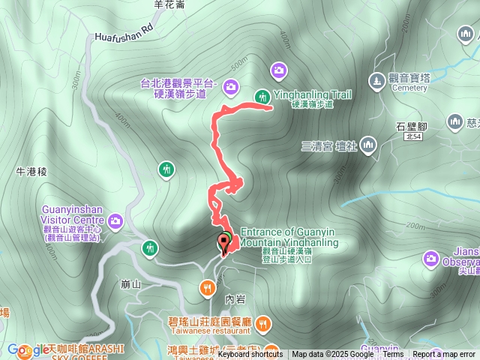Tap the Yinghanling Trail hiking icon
tap(262, 95)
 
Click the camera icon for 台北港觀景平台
tap(230, 88)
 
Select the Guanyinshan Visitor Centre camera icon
tap(115, 220)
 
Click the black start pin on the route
tap(223, 241)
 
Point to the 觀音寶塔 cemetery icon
tap(376, 79)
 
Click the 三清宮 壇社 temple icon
tap(368, 144)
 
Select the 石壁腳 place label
tap(411, 125)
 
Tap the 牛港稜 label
tap(31, 172)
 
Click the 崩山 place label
tap(130, 284)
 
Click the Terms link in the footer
tap(393, 355)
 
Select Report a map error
tap(444, 355)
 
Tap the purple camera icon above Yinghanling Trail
tap(279, 70)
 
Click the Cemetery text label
tap(408, 88)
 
